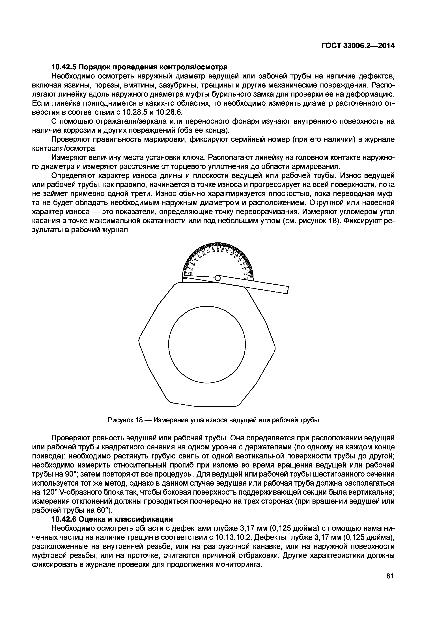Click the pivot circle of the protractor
(x=217, y=278)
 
